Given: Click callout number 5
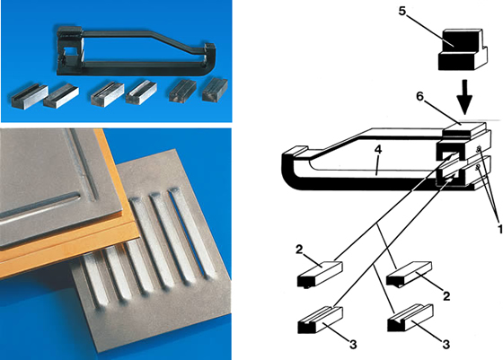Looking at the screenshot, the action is coord(402,11).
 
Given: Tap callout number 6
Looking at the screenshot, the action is coord(420,96).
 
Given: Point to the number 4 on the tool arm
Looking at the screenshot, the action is coord(378,150).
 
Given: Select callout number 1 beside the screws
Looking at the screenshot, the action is coord(499,229).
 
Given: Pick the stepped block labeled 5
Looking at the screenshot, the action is coord(463,49).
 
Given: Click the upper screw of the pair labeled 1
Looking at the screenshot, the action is coord(478,148).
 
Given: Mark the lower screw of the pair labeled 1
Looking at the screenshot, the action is coord(478,167).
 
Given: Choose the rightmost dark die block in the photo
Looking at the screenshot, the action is coord(215,89).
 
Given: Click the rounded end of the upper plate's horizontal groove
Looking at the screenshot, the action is coord(76,195).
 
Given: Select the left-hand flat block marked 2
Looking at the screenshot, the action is coord(320,274).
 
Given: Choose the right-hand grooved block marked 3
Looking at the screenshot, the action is coord(410,318).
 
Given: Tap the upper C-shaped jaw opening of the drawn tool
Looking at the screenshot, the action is coord(449,154).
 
